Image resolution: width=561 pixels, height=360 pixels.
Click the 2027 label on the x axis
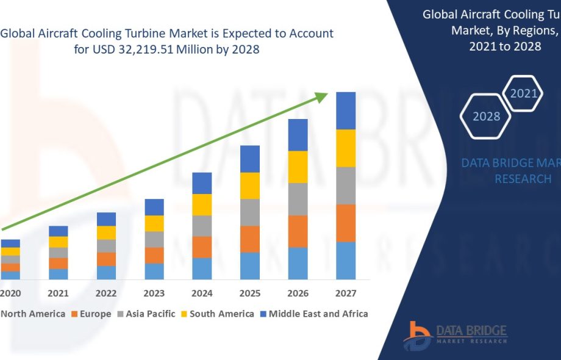(x=346, y=293)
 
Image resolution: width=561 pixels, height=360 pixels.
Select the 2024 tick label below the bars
(x=202, y=293)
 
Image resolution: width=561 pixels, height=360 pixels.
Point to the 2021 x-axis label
(x=59, y=293)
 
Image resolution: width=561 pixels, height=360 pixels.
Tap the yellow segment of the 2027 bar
(x=346, y=148)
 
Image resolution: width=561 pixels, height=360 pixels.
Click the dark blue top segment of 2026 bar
(x=298, y=135)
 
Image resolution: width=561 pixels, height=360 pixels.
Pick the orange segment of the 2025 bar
(x=250, y=239)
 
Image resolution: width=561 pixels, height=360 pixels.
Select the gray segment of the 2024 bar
(x=202, y=226)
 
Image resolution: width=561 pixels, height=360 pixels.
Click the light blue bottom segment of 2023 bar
(x=154, y=272)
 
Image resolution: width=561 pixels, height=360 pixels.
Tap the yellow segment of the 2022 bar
(x=106, y=232)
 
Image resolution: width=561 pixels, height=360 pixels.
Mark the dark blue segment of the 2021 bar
(x=59, y=231)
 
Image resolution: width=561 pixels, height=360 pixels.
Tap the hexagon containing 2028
(x=486, y=116)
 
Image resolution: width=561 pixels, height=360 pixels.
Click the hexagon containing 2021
(x=523, y=93)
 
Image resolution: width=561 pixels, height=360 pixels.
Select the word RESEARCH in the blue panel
(x=523, y=179)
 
